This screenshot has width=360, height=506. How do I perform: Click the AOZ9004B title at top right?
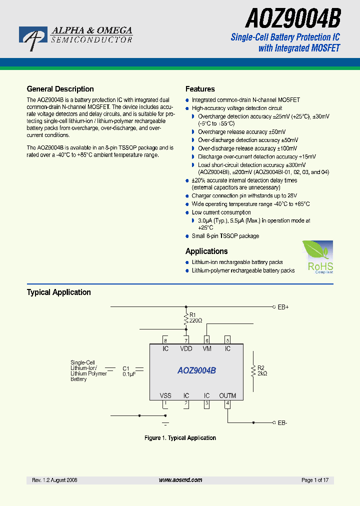coord(293,19)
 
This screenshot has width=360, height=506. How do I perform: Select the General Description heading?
coord(60,89)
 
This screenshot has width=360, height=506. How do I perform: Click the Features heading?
coord(200,89)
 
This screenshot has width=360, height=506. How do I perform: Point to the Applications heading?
coord(206,251)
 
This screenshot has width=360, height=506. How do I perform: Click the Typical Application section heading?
coord(58,292)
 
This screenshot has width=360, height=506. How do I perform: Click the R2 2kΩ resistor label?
coord(262,370)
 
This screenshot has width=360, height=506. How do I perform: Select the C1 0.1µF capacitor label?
coord(129,371)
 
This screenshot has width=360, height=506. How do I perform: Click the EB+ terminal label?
coord(283,307)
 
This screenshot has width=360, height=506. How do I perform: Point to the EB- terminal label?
coord(282,423)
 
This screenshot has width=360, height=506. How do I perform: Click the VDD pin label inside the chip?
coord(186,348)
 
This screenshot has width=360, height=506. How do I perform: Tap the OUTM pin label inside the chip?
coord(227,395)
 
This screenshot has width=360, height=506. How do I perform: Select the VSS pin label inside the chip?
coord(165,395)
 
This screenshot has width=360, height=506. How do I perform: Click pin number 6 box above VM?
coord(207,340)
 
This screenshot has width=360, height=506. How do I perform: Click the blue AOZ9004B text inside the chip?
coord(196,371)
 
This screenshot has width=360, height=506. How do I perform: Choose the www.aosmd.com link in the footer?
coord(180,480)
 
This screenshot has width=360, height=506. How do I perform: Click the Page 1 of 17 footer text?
coord(315,480)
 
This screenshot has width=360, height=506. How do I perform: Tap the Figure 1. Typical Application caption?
coord(180,438)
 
